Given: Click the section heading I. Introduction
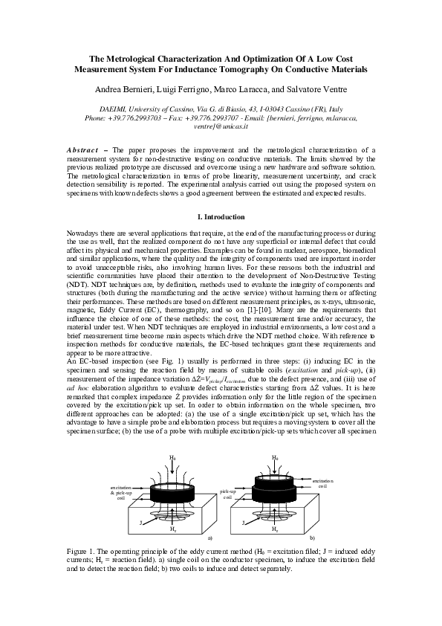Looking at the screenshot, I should click(221, 217).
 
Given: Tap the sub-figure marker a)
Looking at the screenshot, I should click(189, 537).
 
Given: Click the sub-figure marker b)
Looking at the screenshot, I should click(313, 537).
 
